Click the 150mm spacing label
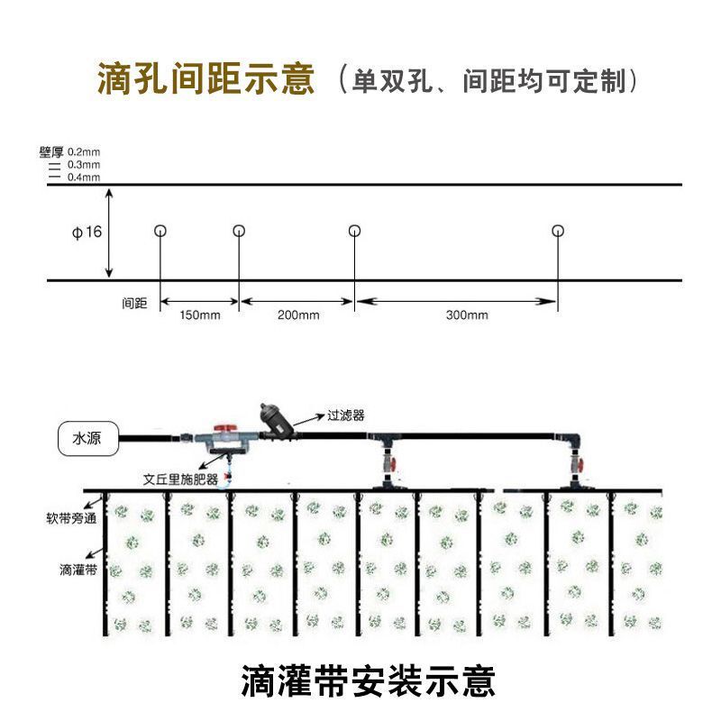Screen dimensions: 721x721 point(200,315)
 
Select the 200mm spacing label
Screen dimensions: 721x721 point(298,315)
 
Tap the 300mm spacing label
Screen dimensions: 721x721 point(467,315)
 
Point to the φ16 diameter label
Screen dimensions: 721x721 point(87,233)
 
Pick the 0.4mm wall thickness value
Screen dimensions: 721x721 point(84,177)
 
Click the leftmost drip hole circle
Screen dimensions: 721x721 point(160,231)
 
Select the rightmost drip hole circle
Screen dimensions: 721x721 point(559,231)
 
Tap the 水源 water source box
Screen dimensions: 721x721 point(87,439)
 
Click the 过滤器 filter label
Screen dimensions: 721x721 point(345,416)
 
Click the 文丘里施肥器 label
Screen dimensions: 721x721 point(181,480)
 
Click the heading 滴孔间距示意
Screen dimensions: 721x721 point(206,79)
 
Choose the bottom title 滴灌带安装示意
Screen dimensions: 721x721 point(368,680)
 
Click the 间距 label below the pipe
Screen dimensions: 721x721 point(134,304)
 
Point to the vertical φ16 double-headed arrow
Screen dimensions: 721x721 point(109,233)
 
